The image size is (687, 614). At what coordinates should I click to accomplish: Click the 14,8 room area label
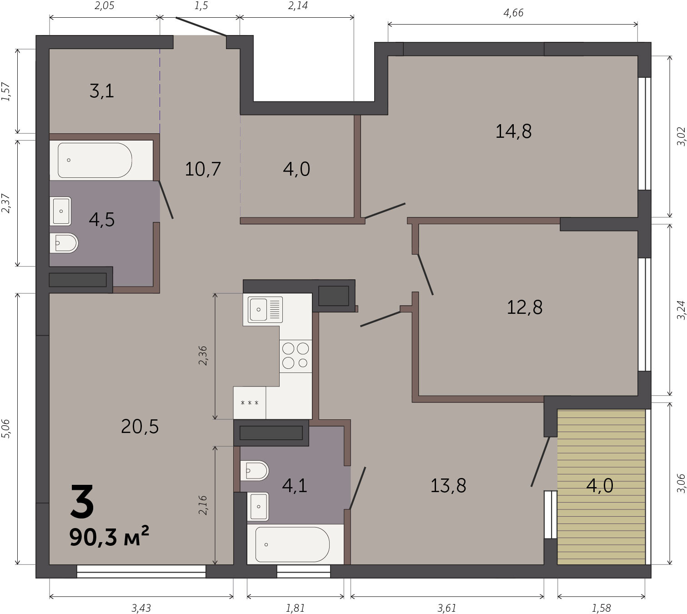[513, 131]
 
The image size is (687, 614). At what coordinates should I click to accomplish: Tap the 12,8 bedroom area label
[524, 307]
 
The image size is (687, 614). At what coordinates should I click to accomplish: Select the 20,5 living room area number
[140, 427]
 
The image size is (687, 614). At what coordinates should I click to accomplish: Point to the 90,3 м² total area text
[109, 537]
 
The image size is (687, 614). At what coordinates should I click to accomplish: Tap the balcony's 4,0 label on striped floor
[600, 485]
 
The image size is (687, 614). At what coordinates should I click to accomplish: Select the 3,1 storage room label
[102, 91]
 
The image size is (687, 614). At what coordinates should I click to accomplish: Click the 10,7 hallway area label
[203, 169]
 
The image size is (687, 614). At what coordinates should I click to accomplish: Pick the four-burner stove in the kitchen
[296, 356]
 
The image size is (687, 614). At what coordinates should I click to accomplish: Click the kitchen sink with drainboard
[265, 309]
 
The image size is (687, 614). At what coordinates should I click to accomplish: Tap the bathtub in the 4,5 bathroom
[95, 160]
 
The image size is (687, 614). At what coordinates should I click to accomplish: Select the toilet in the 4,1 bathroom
[254, 471]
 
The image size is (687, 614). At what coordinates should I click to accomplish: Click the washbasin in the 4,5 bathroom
[60, 211]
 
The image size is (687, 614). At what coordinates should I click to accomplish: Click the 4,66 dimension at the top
[513, 13]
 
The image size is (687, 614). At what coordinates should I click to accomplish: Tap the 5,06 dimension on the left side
[6, 428]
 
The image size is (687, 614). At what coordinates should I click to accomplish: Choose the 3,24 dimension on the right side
[681, 310]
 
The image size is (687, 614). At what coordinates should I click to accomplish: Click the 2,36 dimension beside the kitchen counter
[202, 355]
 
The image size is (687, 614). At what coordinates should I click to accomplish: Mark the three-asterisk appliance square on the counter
[250, 403]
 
